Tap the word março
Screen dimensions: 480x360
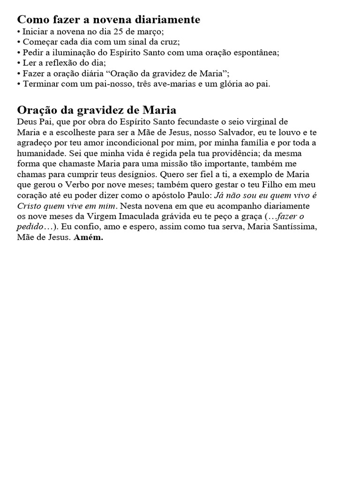tap(150, 32)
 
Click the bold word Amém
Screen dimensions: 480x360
tap(89, 237)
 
